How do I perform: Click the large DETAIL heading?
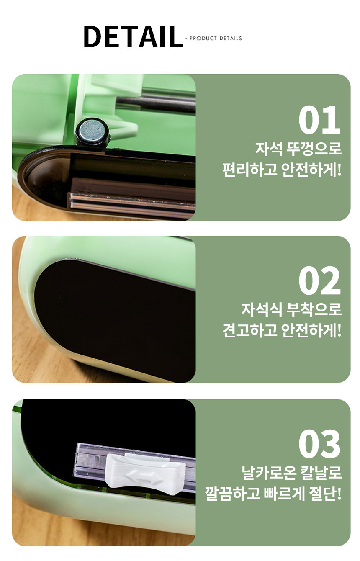[133, 36]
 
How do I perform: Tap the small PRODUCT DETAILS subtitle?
[216, 39]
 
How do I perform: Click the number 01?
[319, 120]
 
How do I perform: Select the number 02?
[320, 280]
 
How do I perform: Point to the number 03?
[320, 443]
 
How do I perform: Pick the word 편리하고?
[249, 170]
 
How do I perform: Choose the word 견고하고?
[249, 330]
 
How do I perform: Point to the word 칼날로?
[321, 472]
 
